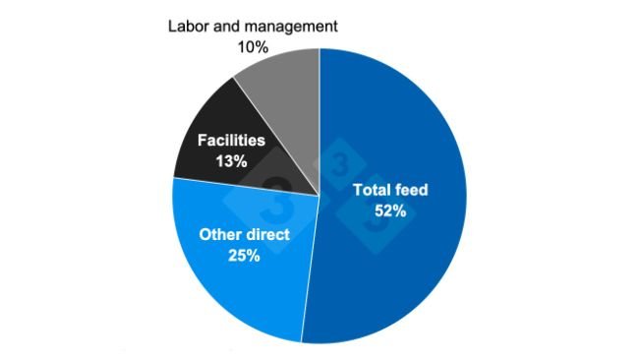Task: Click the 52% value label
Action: tap(390, 209)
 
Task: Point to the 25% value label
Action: tap(243, 256)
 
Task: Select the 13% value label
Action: tap(231, 160)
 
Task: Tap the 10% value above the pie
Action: tap(254, 45)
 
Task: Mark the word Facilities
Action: tap(231, 142)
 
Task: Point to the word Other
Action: tap(220, 235)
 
